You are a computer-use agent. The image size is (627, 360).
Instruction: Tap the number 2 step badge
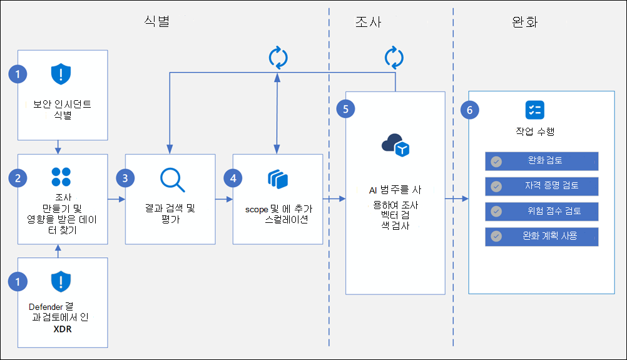18,178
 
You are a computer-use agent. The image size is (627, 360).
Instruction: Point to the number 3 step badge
125,178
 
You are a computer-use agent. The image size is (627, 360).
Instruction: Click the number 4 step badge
233,178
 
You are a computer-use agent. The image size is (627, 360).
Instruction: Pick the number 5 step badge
345,108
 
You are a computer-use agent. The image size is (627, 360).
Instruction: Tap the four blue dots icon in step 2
61,177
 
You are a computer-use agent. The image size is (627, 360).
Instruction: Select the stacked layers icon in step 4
277,179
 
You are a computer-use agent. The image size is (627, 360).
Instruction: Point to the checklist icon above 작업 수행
534,110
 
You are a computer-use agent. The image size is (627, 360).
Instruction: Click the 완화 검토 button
541,161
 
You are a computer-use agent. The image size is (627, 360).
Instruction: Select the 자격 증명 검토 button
541,186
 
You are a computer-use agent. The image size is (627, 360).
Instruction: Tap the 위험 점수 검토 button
541,211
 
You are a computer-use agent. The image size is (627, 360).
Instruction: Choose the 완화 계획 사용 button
541,236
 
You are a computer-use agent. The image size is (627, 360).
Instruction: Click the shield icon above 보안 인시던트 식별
61,75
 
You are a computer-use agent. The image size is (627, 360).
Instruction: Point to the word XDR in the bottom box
62,328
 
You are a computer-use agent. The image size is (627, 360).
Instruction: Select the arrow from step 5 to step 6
456,199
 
